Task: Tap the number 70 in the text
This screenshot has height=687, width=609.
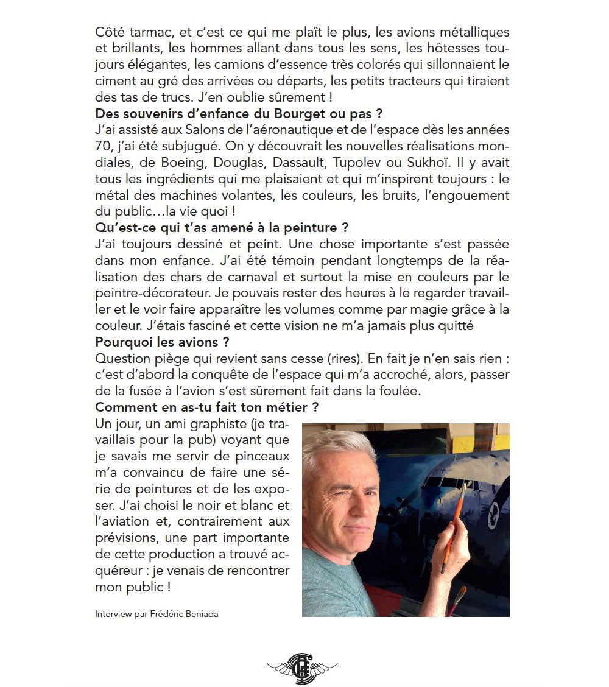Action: [104, 146]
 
